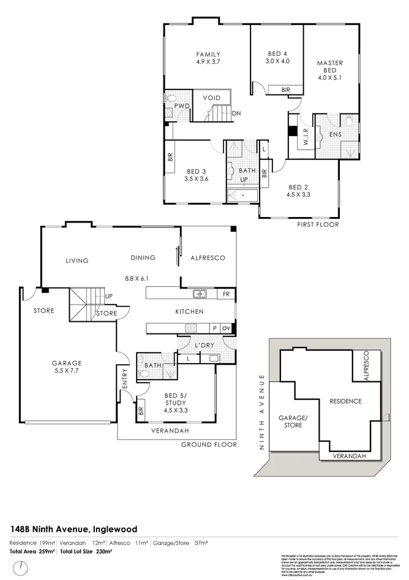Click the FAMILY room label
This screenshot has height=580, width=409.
point(208,54)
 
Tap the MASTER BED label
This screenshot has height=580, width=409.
point(330,67)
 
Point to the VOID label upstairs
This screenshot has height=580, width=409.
point(211,97)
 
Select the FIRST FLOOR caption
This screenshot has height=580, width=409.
point(318,224)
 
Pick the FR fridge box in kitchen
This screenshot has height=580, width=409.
point(226,294)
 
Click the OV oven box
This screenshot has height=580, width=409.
point(227,328)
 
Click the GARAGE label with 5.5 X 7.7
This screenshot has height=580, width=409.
point(66,367)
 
